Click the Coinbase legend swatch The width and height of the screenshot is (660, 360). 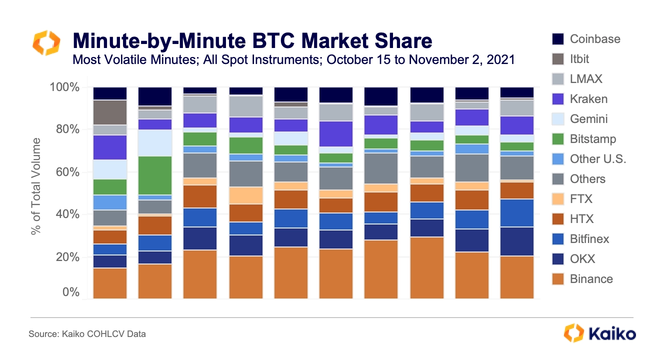click(558, 39)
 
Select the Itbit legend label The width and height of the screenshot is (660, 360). click(579, 59)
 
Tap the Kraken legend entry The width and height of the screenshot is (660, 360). click(579, 99)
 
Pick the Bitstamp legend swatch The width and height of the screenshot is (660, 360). click(558, 139)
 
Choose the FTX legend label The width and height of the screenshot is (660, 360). click(581, 199)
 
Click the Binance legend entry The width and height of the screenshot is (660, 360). click(582, 278)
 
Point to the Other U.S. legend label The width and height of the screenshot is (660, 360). click(598, 159)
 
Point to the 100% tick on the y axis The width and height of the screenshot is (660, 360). click(64, 87)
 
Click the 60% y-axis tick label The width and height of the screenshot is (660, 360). click(67, 172)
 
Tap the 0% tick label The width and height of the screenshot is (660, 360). click(70, 292)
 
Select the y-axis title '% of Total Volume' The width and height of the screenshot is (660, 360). click(35, 186)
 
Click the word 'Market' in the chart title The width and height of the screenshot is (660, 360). click(334, 40)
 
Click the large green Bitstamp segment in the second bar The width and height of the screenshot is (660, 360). click(155, 175)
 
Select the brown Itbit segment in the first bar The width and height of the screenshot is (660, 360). click(110, 112)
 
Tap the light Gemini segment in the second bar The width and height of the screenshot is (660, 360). click(155, 143)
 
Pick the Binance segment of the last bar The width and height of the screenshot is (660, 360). click(517, 277)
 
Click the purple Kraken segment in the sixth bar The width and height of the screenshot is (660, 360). click(336, 133)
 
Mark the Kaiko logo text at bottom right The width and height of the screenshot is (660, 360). click(612, 334)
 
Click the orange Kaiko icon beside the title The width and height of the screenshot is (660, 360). click(46, 42)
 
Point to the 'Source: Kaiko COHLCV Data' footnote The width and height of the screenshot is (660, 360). click(87, 334)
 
